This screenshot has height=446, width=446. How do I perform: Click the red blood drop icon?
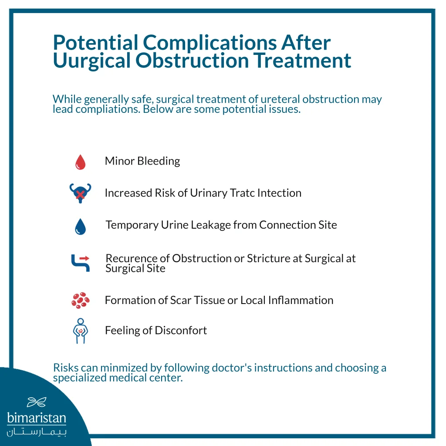[80, 162]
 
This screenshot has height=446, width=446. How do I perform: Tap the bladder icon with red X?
[80, 193]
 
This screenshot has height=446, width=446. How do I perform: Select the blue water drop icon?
[80, 226]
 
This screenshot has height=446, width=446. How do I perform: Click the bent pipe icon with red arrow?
[80, 263]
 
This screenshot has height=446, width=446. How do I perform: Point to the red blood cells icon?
[81, 301]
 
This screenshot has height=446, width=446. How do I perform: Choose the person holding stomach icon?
[80, 331]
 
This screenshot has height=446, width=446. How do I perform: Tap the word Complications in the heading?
[209, 43]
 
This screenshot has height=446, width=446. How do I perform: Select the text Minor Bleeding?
[142, 161]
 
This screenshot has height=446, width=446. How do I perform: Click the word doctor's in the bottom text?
[232, 368]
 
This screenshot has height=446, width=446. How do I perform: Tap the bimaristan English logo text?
[37, 419]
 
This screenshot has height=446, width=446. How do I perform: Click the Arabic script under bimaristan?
[37, 432]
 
